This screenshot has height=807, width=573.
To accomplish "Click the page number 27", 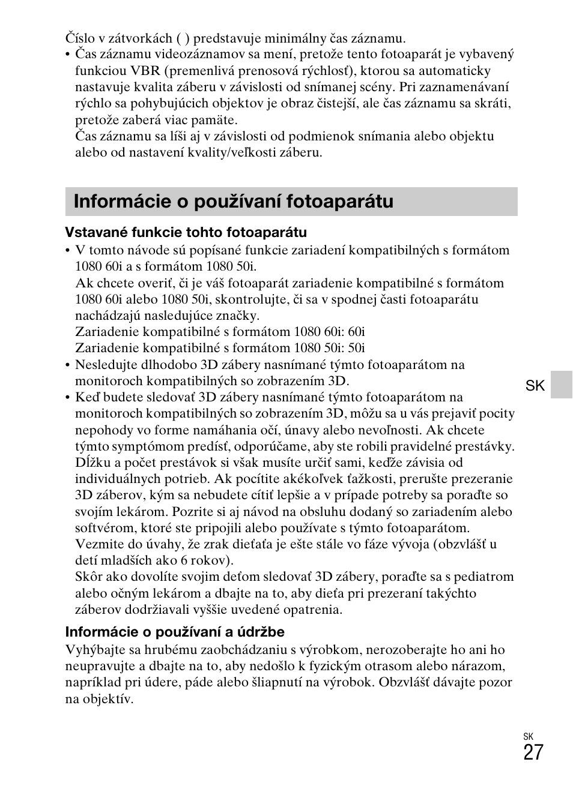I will point(533,753).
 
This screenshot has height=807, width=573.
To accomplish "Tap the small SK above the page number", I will point(528,736).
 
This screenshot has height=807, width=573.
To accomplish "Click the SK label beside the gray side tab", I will point(535,386).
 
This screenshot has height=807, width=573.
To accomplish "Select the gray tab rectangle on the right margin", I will point(562,385).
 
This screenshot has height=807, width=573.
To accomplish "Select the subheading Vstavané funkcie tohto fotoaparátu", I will point(186,232).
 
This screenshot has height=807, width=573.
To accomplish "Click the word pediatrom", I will point(484,577).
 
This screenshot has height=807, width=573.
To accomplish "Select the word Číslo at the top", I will point(80,38).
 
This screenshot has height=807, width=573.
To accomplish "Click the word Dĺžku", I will point(91,463).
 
